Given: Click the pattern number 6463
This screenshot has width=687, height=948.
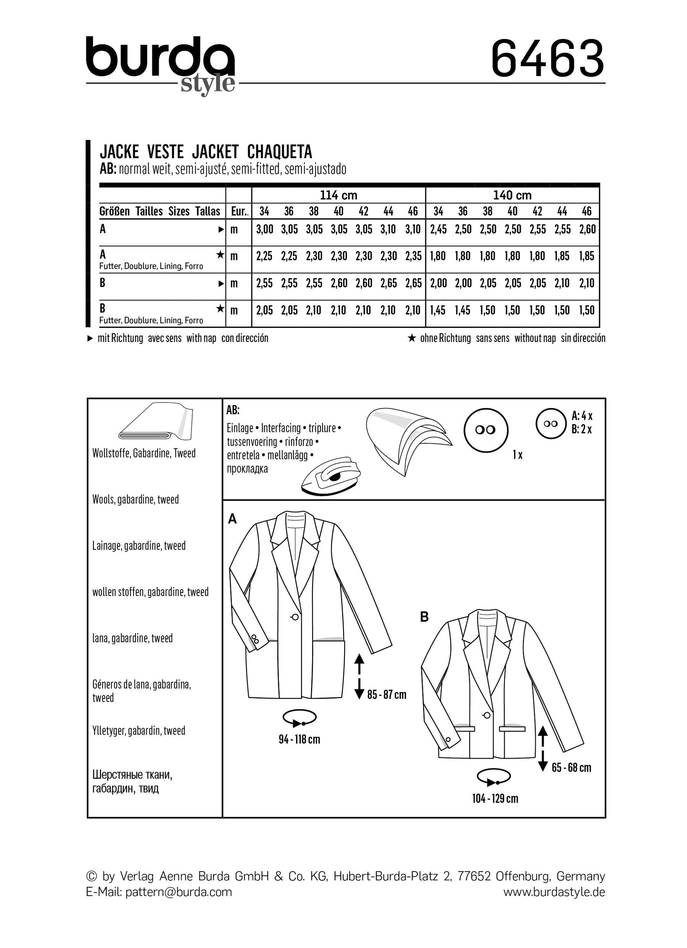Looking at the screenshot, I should click(547, 59).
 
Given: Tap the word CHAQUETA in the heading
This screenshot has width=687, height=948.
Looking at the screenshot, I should click(280, 152).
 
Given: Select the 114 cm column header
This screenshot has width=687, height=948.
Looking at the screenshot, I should click(338, 195).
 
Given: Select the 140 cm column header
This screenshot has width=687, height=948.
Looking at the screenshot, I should click(512, 195).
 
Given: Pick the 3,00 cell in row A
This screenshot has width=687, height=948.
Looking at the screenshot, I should click(265, 230).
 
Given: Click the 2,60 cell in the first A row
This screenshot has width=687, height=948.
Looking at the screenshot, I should click(587, 230).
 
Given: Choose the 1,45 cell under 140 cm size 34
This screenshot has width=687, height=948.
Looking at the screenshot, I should click(438, 311).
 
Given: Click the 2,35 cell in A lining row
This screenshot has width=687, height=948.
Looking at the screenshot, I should click(413, 256).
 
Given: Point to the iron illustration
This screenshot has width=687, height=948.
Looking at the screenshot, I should click(330, 477).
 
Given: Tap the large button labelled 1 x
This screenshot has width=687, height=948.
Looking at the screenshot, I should click(486, 430).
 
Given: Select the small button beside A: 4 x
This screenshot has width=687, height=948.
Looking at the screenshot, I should click(551, 424).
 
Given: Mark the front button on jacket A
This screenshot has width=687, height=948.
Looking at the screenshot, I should click(295, 617).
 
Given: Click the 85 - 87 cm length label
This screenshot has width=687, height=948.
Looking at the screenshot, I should click(387, 695).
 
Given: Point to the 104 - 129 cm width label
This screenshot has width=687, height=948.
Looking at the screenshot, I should click(495, 799).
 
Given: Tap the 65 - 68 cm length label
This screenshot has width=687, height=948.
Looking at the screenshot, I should click(571, 767).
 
